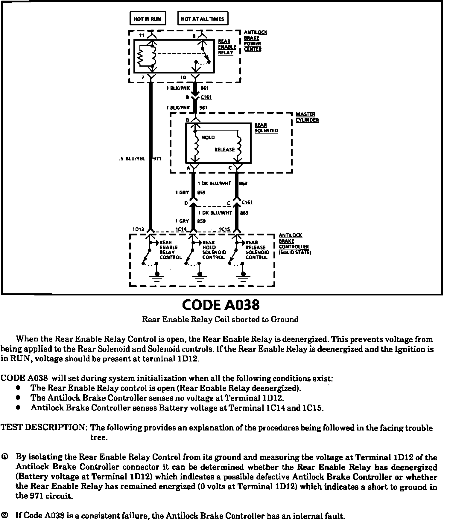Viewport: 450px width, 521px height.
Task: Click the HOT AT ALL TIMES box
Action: pos(202,19)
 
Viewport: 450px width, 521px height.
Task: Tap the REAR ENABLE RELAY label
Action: pos(227,47)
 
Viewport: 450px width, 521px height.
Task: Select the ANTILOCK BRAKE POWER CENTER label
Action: pos(255,41)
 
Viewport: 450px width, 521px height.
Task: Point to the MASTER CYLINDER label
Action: pos(307,117)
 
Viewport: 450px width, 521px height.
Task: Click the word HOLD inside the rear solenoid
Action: pos(208,137)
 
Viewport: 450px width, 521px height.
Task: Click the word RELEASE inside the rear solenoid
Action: pos(224,150)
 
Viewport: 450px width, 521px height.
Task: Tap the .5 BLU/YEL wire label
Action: pos(132,159)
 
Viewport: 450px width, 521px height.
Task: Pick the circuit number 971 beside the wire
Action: pos(157,159)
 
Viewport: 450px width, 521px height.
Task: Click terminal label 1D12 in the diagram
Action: pos(138,229)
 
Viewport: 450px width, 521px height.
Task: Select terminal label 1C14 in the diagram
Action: pos(181,229)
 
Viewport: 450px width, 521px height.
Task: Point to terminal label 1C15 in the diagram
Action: pos(224,229)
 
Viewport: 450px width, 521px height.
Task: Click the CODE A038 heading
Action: pos(221,305)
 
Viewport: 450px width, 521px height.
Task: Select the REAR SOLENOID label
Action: pos(266,128)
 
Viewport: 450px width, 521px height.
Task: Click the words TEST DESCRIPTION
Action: pos(44,427)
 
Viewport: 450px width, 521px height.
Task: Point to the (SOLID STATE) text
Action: pos(295,252)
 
